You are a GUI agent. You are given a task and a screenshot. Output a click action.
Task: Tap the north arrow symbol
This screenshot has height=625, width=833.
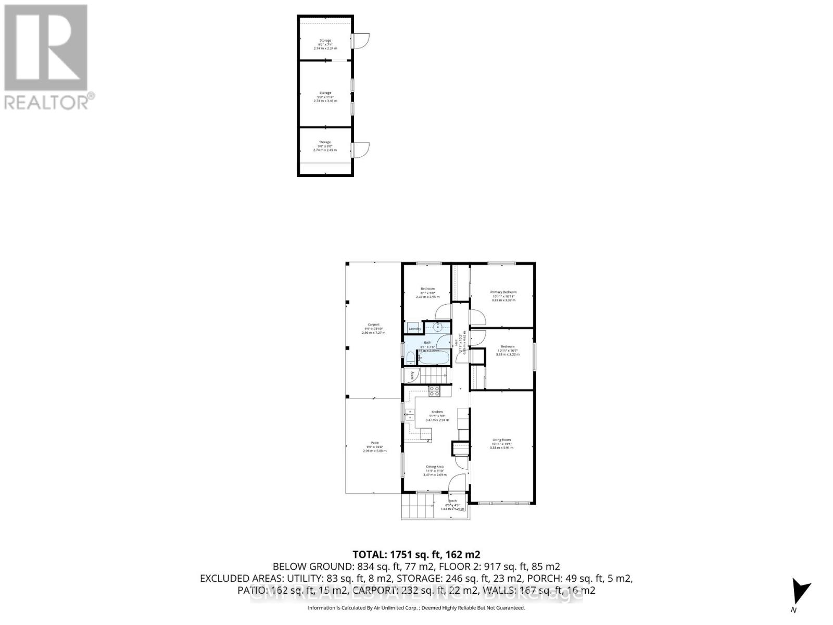click(800, 593)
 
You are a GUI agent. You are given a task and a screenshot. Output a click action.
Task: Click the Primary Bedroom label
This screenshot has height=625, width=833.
click(503, 292)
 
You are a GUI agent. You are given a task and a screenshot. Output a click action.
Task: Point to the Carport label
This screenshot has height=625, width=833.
click(373, 324)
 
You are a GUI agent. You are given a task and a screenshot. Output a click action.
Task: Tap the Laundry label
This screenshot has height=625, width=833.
click(414, 329)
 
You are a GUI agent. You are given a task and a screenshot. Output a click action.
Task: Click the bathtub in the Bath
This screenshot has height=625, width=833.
click(434, 359)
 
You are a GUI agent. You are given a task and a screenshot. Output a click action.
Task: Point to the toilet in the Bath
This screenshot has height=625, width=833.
click(410, 358)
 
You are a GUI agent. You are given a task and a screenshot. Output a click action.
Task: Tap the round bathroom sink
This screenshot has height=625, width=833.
click(438, 327)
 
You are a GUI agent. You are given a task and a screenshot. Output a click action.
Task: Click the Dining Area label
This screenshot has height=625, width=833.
click(435, 467)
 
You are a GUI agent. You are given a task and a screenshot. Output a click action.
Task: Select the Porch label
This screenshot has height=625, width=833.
click(452, 501)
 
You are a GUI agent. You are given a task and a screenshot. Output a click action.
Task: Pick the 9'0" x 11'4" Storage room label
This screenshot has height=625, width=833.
click(325, 93)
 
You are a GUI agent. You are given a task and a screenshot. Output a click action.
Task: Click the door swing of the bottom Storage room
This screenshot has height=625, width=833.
click(361, 150)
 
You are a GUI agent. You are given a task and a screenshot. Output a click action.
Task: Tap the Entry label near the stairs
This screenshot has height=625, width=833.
click(412, 374)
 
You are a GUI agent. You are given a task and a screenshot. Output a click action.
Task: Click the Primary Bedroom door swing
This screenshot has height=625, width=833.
click(477, 317)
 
